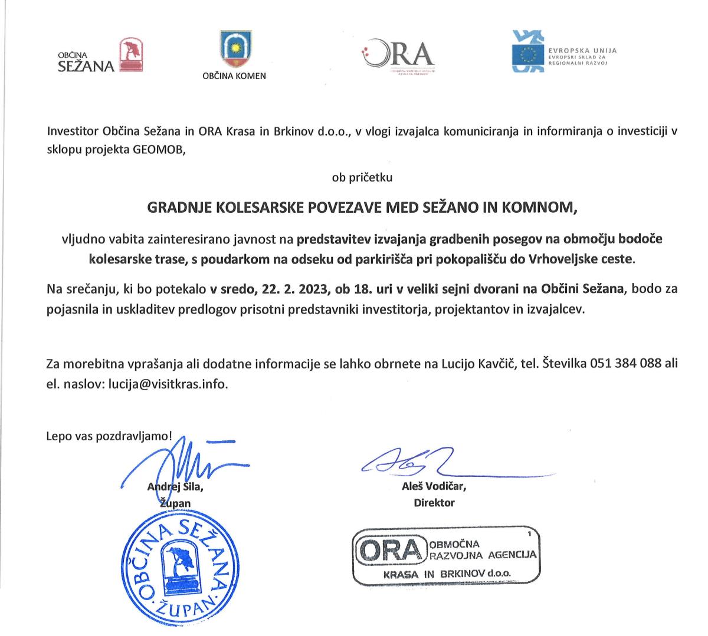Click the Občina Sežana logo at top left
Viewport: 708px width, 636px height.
coord(100,56)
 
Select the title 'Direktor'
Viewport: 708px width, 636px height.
coord(434,503)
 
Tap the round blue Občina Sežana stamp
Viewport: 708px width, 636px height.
coord(175,570)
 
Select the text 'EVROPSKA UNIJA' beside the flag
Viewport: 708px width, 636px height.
coord(582,51)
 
